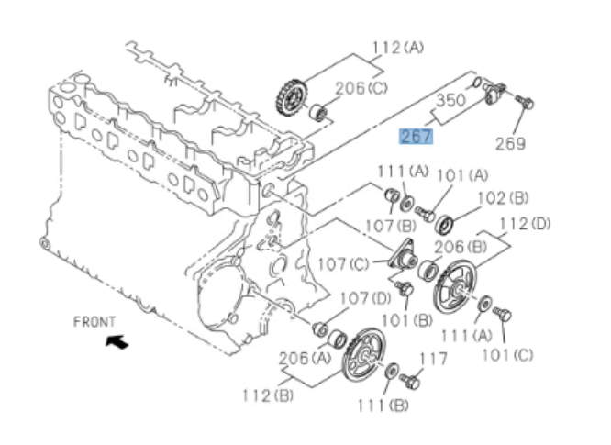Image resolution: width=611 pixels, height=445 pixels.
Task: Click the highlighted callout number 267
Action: click(416, 137)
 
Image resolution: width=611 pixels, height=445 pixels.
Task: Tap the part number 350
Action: click(450, 101)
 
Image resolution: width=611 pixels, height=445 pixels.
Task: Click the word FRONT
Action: click(94, 321)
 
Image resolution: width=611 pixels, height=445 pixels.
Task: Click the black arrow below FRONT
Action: click(117, 342)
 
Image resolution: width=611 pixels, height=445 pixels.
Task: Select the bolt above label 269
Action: click(524, 101)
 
